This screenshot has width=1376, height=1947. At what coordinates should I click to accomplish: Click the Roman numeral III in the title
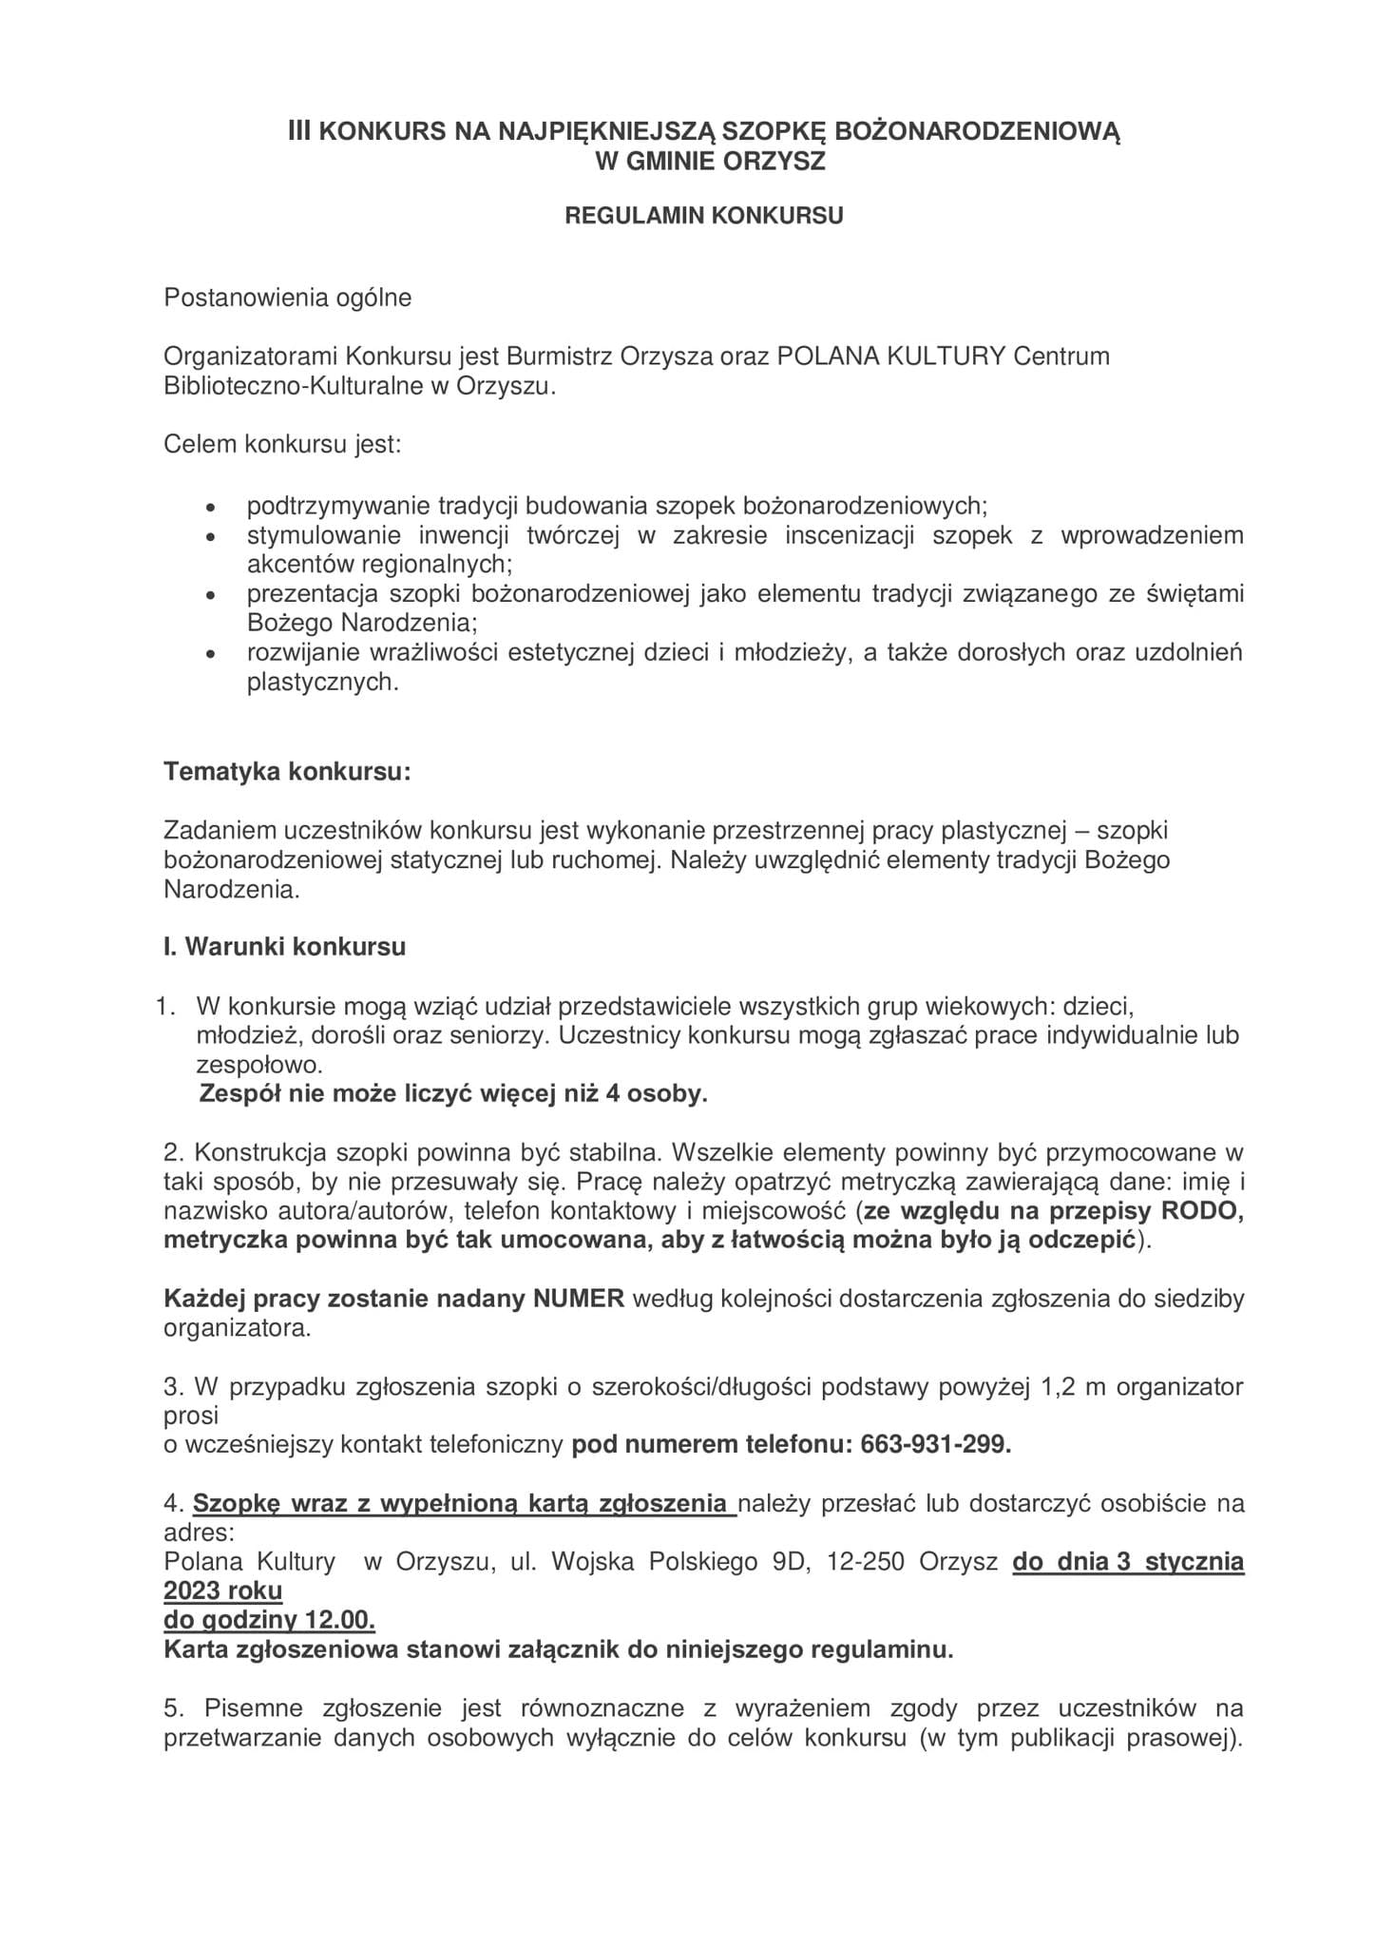[300, 131]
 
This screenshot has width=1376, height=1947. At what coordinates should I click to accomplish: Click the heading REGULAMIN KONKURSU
[704, 216]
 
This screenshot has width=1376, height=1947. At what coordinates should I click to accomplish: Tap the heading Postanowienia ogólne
[288, 298]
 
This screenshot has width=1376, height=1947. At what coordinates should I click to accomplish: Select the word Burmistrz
[560, 357]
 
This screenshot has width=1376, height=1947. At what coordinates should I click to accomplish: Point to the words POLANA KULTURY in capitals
[891, 357]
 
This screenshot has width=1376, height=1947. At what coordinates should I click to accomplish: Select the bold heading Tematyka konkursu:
[287, 771]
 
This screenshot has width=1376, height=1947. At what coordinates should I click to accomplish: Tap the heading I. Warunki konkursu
[285, 947]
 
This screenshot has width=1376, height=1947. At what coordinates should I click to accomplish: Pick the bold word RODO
[1209, 1211]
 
